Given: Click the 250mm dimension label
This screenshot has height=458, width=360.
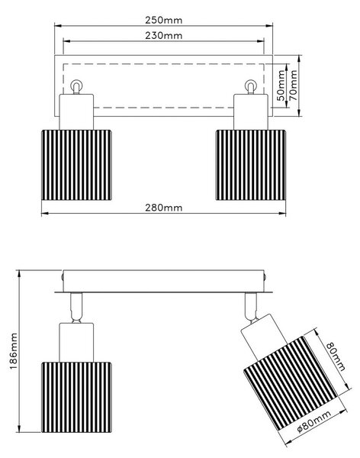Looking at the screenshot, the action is pos(163,20).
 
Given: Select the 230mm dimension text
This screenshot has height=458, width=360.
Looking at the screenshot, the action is pos(163,35).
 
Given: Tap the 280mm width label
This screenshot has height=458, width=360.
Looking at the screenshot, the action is pos(163,208).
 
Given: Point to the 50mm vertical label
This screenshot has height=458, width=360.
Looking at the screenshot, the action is pos(281,85).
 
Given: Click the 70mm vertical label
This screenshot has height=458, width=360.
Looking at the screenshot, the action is pos(294,85).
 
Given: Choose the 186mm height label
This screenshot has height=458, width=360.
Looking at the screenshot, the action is pos(14,351).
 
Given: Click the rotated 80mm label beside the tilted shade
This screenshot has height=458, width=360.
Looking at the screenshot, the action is pos(335,356).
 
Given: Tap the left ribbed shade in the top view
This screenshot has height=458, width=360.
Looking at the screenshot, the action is pos(76,165).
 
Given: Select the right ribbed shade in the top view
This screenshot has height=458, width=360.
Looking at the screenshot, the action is pos(251,165).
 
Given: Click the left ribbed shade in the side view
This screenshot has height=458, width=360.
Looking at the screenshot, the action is pos(76,397).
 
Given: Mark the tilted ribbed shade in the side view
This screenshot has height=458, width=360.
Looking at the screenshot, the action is pos(291,383).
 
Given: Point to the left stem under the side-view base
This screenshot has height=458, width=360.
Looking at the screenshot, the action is pos(76,308).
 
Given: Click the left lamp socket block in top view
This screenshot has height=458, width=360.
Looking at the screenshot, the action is pos(76,112).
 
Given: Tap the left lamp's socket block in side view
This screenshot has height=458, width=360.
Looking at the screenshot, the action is pos(76,343).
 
